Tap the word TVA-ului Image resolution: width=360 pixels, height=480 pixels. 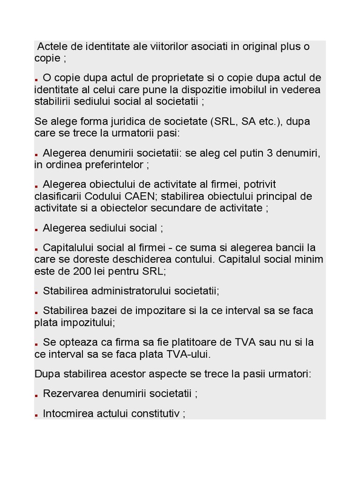click(x=188, y=354)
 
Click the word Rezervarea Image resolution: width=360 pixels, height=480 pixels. click(x=70, y=393)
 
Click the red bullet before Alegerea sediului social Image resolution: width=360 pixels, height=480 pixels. click(x=36, y=230)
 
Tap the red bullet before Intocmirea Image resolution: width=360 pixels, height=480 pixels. click(x=36, y=415)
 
